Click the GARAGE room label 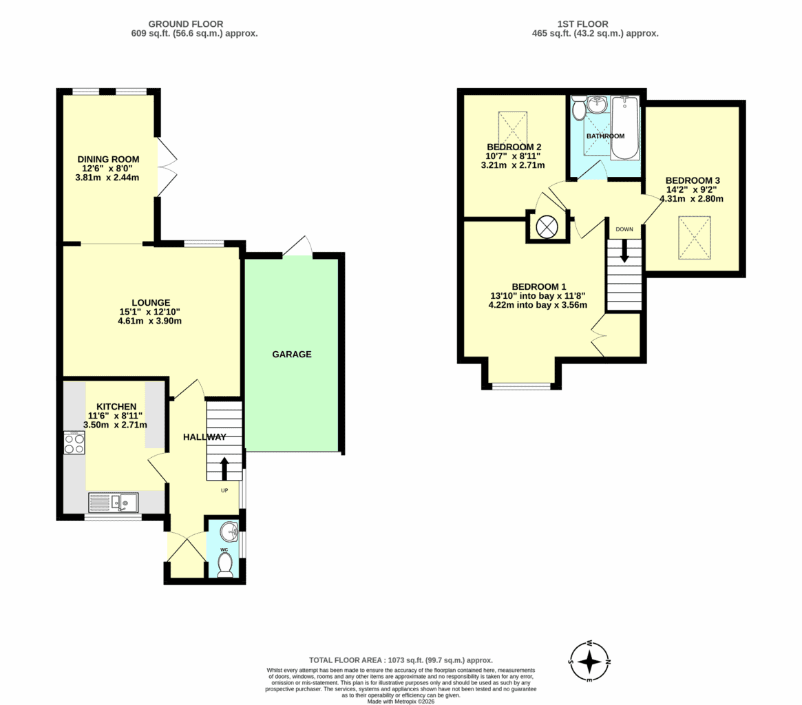pos(292,354)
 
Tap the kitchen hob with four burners pos(74,443)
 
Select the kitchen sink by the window pos(114,503)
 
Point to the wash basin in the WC pos(230,532)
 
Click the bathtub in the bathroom pos(625,127)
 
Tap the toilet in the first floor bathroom pos(579,107)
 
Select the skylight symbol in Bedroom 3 pos(694,238)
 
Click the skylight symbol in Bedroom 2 pos(512,129)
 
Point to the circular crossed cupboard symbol pos(547,227)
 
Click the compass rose pos(590,662)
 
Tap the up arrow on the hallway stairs pos(224,468)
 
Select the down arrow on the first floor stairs pos(624,251)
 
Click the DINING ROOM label pos(109,159)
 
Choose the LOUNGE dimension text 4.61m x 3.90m pos(150,322)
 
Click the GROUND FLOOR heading pos(186,24)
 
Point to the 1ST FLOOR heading pos(582,24)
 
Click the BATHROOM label pos(606,136)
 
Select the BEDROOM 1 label pos(539,286)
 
